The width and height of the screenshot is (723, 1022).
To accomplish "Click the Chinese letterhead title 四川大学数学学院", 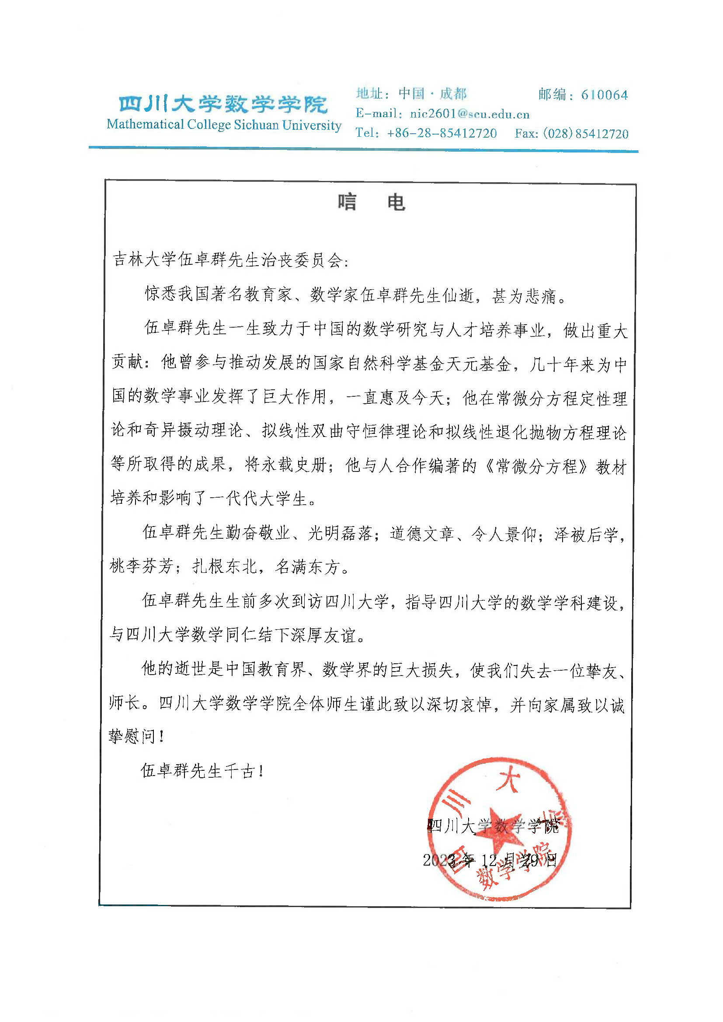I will coord(223,104).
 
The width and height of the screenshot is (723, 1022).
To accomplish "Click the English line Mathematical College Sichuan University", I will coord(224,125).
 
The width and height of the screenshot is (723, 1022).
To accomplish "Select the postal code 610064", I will coord(604,95).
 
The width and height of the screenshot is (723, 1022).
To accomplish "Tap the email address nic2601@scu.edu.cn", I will coord(469,114).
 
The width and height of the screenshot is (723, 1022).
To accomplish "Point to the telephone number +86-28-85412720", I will coord(441,133).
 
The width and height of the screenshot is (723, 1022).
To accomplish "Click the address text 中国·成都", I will coord(432,94).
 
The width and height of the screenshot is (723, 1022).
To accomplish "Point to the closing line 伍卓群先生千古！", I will coord(202,770).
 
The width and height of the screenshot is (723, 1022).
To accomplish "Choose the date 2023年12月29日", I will coord(490,860).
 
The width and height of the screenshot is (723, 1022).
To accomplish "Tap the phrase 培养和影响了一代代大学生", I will coord(209,499).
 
